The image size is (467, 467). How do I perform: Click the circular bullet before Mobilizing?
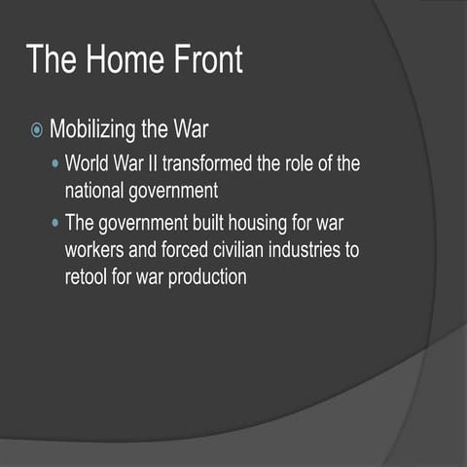pyautogui.click(x=36, y=129)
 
